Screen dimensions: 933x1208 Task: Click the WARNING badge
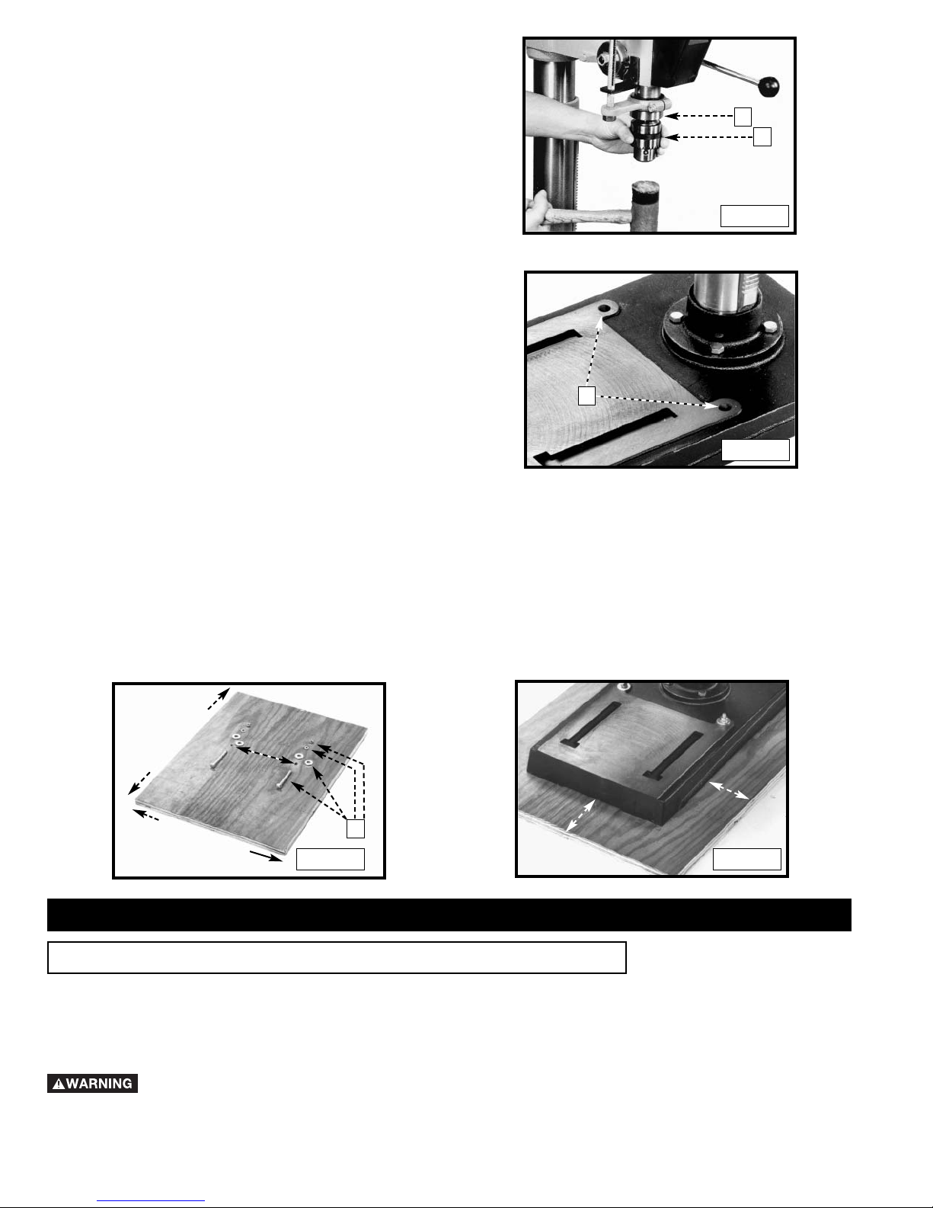click(92, 1083)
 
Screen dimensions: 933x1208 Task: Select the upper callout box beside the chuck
click(743, 117)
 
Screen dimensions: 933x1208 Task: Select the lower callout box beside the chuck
click(762, 136)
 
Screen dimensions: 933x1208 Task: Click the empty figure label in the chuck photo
click(754, 216)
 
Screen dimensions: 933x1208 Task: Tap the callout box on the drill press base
click(586, 396)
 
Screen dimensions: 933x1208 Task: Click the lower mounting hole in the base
click(725, 407)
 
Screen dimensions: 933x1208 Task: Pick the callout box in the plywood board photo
click(356, 828)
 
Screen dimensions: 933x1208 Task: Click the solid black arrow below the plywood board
click(266, 856)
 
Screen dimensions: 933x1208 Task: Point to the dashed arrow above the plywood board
click(219, 698)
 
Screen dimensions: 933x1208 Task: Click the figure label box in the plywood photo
click(331, 859)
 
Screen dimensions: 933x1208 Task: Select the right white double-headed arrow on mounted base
click(729, 790)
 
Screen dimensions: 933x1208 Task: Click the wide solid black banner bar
click(449, 915)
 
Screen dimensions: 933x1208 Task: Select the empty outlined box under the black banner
click(337, 957)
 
